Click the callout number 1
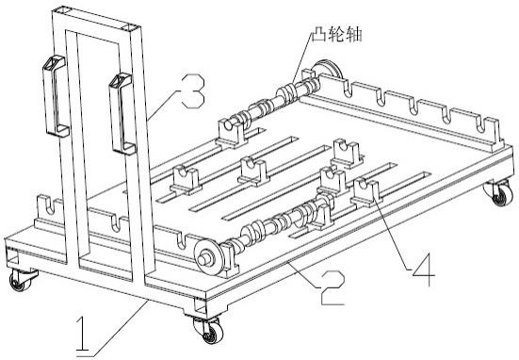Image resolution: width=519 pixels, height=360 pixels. point(82,334)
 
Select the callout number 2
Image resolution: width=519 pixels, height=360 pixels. point(332,287)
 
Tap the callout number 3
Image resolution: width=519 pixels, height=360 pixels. point(193,90)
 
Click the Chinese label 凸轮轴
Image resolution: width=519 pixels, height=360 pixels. point(336,35)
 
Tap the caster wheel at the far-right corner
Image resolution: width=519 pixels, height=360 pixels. point(500,193)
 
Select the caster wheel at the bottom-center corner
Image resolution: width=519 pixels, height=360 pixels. point(208,330)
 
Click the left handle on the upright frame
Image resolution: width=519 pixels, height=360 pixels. point(55,96)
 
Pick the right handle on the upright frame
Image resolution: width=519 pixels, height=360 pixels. point(122,114)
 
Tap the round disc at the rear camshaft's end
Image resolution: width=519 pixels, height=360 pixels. point(328,71)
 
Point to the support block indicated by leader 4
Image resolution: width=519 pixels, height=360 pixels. point(366,192)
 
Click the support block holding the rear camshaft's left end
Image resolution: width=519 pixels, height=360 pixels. point(233,132)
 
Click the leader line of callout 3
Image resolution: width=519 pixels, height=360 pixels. point(164,105)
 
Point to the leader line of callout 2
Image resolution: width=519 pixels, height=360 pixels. point(303,275)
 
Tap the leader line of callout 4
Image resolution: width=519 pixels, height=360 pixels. point(393,234)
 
